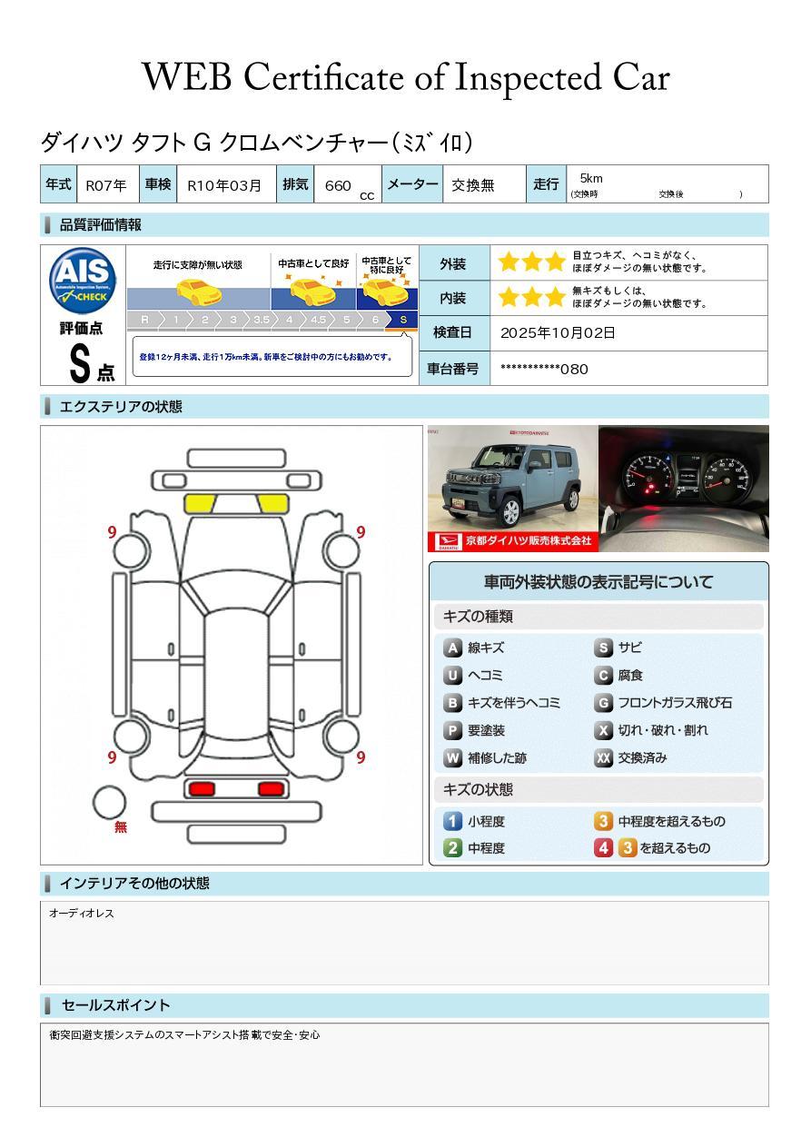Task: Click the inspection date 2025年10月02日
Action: click(x=558, y=333)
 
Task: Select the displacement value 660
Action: click(x=338, y=185)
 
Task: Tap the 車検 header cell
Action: click(x=157, y=184)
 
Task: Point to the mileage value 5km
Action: click(x=591, y=179)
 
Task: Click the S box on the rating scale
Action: click(x=403, y=320)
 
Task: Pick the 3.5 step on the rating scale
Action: click(x=262, y=320)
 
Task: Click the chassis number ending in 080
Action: click(x=544, y=369)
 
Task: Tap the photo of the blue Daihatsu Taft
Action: click(x=511, y=488)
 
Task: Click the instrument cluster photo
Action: click(x=683, y=488)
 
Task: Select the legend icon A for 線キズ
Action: click(x=452, y=648)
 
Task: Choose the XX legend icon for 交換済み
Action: click(x=604, y=758)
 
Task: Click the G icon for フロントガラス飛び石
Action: click(x=604, y=703)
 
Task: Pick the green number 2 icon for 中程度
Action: click(x=452, y=848)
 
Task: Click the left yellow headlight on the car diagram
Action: click(x=201, y=504)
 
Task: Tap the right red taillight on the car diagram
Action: click(x=271, y=789)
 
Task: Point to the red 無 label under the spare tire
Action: click(x=121, y=827)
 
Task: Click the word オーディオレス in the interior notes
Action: click(x=82, y=914)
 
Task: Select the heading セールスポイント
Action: click(x=115, y=1005)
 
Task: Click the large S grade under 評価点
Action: click(x=80, y=363)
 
